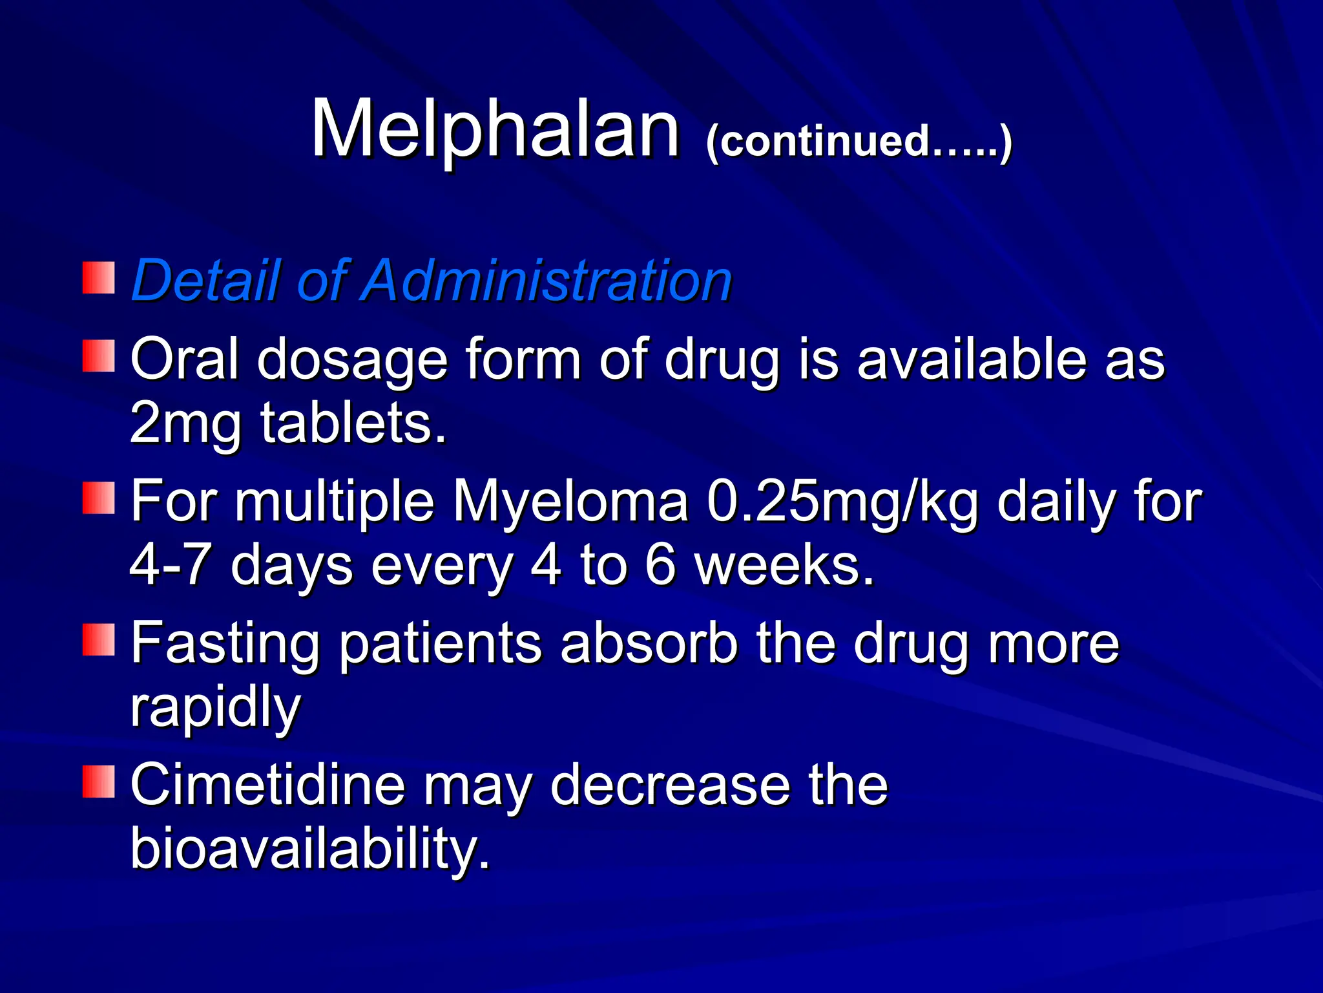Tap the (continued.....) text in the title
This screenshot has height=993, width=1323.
click(859, 142)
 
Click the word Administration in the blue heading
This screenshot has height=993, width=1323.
click(547, 281)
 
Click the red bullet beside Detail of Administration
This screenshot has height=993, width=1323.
click(98, 278)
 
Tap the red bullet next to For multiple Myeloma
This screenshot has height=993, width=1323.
click(98, 498)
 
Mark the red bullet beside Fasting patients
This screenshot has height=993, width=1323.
click(98, 640)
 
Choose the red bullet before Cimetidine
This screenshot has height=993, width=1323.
click(98, 782)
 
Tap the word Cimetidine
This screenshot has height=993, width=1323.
click(267, 785)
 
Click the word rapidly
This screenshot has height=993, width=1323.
click(216, 707)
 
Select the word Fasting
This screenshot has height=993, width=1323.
click(225, 643)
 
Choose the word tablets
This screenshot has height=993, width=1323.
click(353, 424)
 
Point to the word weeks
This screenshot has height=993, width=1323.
click(784, 564)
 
